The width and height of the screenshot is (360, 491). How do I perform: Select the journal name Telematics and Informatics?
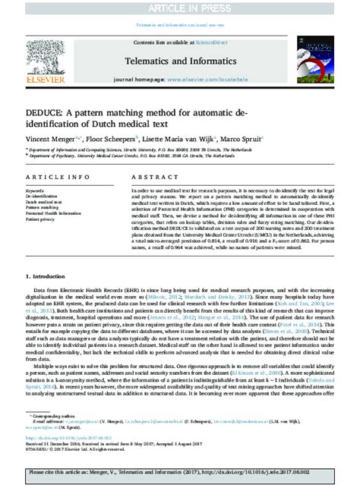point(180,58)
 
